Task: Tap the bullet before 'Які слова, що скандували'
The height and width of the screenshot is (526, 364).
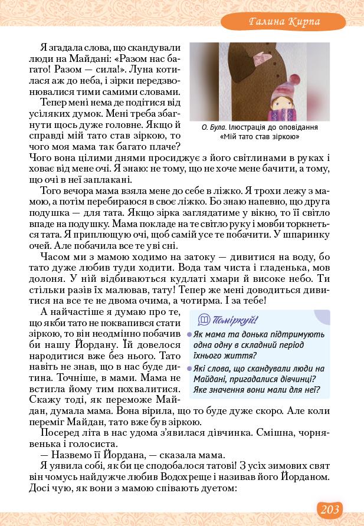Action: coord(189,369)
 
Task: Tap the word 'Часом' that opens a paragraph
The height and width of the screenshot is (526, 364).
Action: coord(53,257)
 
